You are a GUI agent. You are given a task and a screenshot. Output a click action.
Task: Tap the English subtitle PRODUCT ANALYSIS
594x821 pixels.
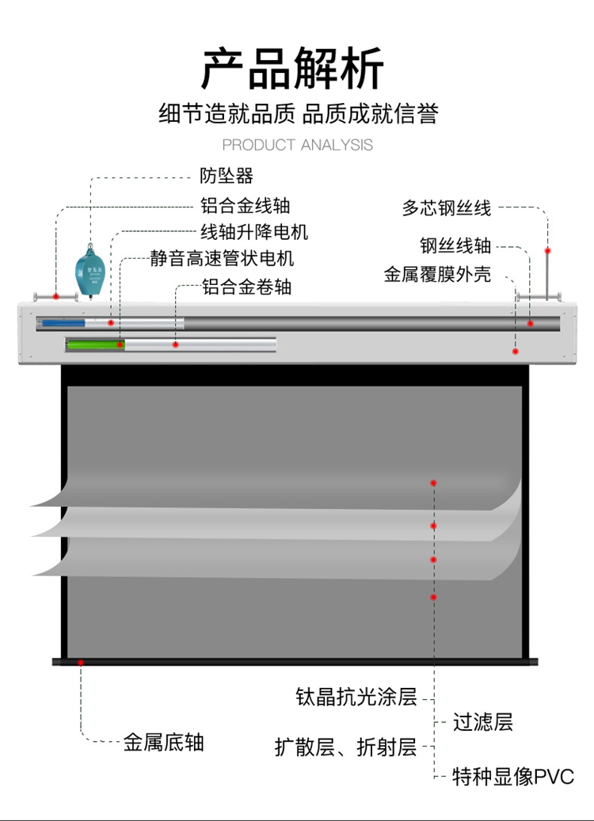pos(297,145)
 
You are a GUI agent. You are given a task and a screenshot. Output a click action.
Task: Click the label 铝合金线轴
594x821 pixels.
pos(245,206)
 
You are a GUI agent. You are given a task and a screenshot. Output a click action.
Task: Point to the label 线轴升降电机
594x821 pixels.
pos(253,233)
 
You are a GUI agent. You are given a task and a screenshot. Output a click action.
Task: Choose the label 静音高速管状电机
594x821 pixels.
pos(222,259)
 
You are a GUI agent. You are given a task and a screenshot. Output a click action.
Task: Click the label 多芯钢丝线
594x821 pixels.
pos(447,208)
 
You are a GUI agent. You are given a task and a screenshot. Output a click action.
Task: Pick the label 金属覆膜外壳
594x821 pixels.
pos(437,275)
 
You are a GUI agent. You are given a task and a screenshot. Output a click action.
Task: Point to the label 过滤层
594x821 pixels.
pos(483,722)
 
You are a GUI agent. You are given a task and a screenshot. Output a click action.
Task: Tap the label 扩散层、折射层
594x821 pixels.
pos(345,747)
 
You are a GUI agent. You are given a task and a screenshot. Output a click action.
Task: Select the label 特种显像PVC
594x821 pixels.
pos(512,777)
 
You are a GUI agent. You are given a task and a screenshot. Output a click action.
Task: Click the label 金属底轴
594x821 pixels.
pos(163,742)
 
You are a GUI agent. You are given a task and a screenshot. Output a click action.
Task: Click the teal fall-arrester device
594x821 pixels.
pos(90,272)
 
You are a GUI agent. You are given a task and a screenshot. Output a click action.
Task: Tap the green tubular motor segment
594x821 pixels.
pos(95,344)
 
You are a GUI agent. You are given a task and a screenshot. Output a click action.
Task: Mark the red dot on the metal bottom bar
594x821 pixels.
pos(80,662)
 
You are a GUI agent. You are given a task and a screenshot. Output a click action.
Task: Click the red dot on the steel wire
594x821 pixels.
pos(547,250)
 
